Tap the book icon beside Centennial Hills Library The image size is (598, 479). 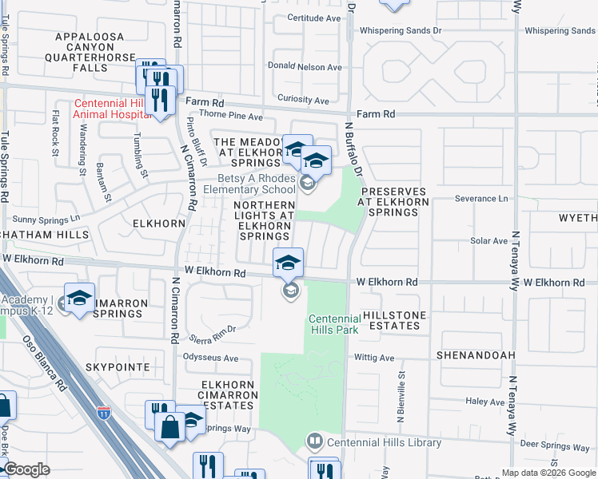[316, 441]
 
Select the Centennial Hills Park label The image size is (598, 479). [335, 325]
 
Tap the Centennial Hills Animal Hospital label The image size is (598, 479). [111, 109]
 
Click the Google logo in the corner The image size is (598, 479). [27, 469]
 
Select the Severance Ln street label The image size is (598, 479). [481, 198]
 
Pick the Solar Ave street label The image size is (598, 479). [489, 240]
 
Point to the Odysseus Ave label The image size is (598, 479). [211, 357]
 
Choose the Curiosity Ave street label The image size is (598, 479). [299, 101]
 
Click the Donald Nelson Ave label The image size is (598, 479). [305, 67]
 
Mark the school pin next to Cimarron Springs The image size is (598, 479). [80, 299]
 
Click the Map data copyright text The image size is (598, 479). [548, 473]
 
